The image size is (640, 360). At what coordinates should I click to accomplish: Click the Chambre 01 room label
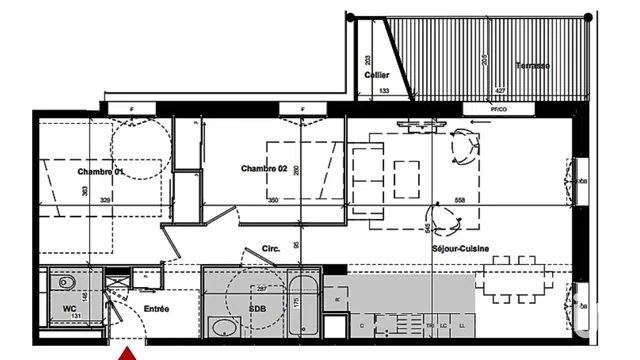click(x=100, y=172)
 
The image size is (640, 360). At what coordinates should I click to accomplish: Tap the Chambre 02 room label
click(x=264, y=169)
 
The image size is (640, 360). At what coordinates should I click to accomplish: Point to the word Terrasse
click(x=532, y=66)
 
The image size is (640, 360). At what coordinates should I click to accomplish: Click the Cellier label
click(x=376, y=74)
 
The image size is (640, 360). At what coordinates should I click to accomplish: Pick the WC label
click(x=70, y=308)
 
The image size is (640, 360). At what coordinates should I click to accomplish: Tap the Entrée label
click(x=155, y=309)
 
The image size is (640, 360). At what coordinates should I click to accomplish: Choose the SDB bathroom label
click(x=258, y=309)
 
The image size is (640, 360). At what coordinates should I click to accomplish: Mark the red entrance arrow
click(x=128, y=352)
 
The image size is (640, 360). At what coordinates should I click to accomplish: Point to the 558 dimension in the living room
click(x=460, y=200)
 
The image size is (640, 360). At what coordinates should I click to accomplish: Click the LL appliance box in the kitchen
click(x=461, y=325)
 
